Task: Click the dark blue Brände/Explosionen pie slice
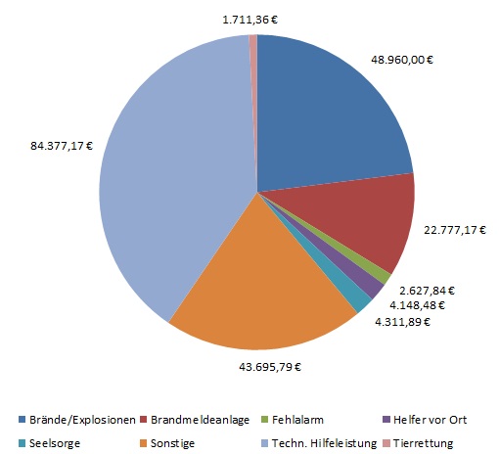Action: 323,113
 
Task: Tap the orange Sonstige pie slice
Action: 259,294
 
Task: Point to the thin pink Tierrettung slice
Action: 253,59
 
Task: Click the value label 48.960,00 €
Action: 403,59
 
